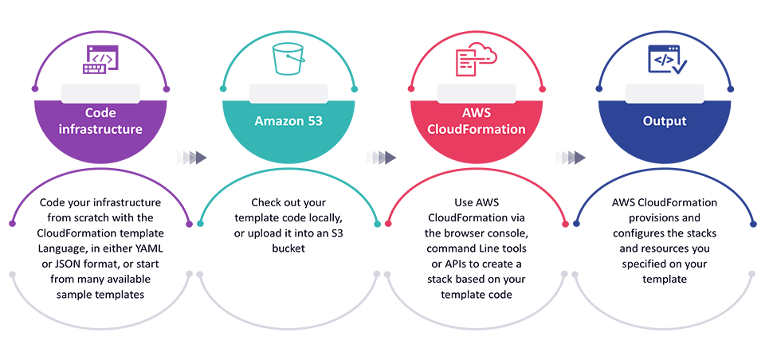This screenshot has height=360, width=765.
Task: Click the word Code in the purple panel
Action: (x=101, y=113)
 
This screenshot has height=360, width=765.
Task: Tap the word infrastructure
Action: (x=101, y=129)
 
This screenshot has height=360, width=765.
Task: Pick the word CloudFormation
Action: (x=477, y=129)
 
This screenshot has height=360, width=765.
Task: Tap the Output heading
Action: (x=664, y=122)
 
